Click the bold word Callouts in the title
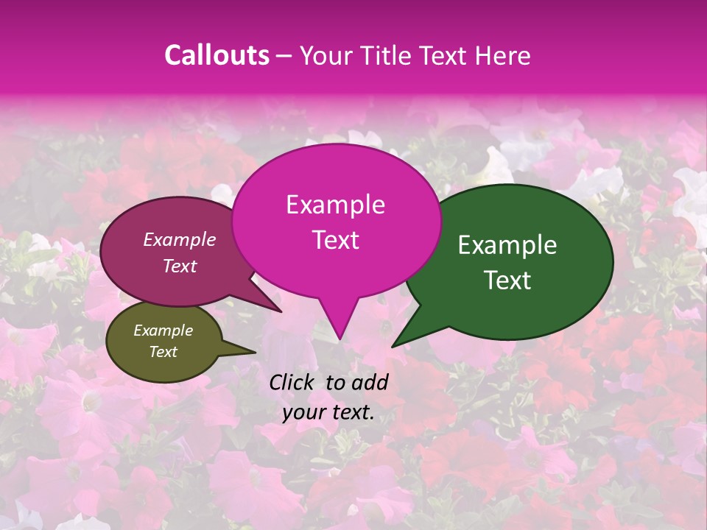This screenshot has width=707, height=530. click(217, 55)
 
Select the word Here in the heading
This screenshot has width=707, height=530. click(504, 55)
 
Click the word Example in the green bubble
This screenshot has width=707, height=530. click(507, 245)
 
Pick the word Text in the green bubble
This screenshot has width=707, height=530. click(508, 280)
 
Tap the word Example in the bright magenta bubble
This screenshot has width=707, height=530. click(335, 205)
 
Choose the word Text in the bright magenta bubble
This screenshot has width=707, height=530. click(335, 240)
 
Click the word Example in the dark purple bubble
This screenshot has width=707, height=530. click(180, 239)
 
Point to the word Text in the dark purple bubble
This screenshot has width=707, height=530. click(180, 266)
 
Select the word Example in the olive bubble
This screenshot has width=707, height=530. click(163, 331)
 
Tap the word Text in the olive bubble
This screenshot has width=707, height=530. click(163, 352)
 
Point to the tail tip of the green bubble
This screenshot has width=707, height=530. click(393, 346)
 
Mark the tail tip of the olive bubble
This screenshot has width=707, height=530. click(256, 353)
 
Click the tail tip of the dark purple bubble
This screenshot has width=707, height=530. click(281, 311)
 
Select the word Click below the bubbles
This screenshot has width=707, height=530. click(293, 382)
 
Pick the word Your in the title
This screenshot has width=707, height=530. click(328, 55)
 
